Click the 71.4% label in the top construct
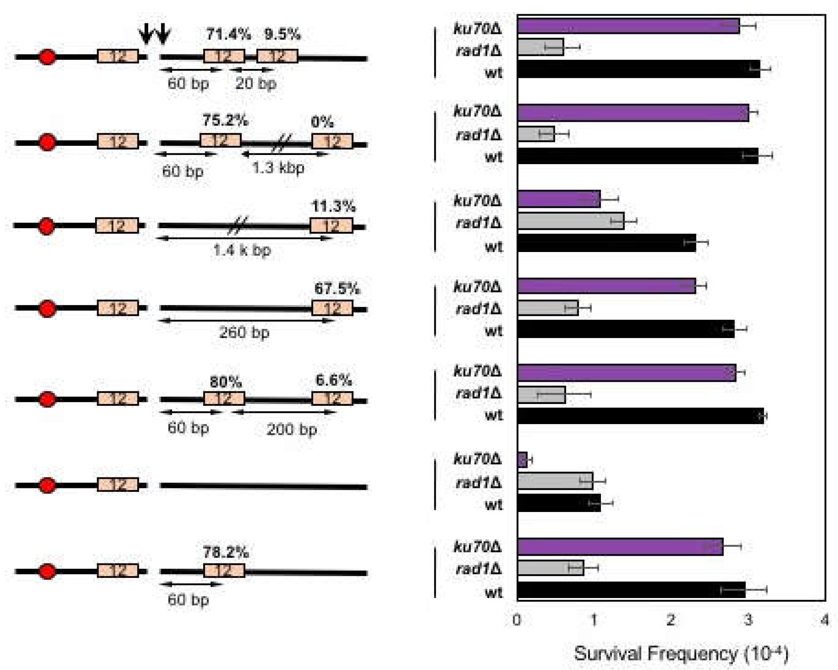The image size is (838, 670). point(228,35)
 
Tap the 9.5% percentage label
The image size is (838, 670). point(283,35)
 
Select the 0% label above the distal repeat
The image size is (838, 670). point(322,122)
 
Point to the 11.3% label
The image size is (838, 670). point(333,206)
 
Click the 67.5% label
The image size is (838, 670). point(337,289)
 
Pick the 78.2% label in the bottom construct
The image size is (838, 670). point(225,552)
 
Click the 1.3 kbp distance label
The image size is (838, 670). point(278,168)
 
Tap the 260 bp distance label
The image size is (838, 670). point(244,333)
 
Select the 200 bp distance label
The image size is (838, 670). point(292,430)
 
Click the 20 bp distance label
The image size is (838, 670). point(256,84)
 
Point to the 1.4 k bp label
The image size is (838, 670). point(242,250)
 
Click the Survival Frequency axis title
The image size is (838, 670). point(681,653)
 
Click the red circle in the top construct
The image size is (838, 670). point(48,57)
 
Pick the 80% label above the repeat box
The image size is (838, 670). point(225,382)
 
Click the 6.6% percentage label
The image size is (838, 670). point(333,380)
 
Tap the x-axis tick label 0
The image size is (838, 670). point(516,620)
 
